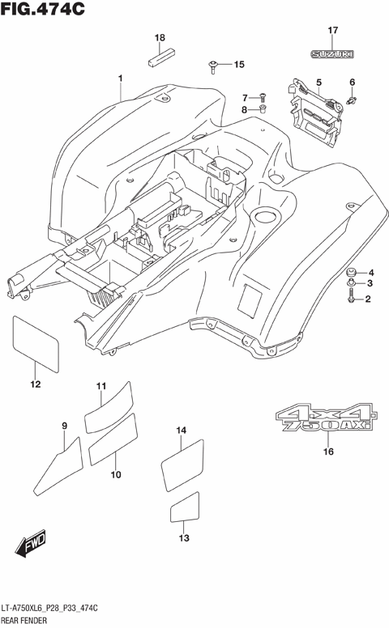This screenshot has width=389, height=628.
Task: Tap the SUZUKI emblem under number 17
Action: tap(332, 54)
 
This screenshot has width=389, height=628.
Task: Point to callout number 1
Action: tap(120, 78)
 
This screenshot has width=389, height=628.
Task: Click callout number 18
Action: tap(160, 38)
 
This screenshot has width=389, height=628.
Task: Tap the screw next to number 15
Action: tap(214, 64)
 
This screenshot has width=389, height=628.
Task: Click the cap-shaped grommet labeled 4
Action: tap(350, 271)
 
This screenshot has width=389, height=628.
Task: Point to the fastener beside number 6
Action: tap(353, 99)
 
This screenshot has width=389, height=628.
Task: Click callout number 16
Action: tap(328, 452)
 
